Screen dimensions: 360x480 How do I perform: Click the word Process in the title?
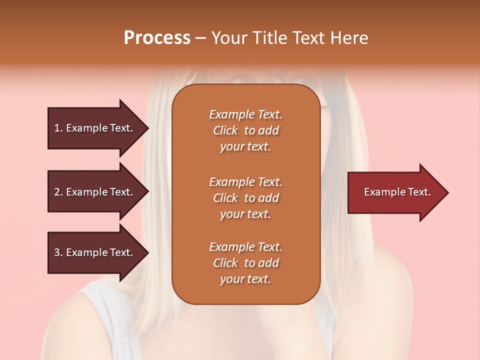(157, 38)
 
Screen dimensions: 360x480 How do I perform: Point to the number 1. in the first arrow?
(58, 128)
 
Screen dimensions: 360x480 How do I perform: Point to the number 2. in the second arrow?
(58, 192)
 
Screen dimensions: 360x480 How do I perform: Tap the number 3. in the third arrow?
(58, 252)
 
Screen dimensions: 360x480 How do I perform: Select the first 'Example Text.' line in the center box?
(245, 114)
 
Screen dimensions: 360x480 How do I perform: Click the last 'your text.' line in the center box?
(245, 279)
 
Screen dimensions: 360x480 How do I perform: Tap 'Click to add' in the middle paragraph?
(245, 198)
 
